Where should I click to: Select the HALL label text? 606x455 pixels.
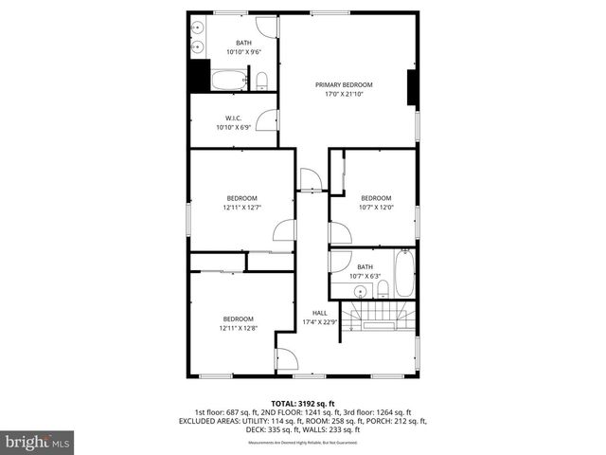(x=319, y=313)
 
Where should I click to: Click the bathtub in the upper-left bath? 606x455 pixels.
(x=228, y=81)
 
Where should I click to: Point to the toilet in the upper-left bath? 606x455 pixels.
(x=262, y=81)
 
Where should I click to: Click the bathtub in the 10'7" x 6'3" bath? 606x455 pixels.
(x=404, y=273)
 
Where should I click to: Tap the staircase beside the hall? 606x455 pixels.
(x=379, y=314)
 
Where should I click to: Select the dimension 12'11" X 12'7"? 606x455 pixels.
(x=241, y=207)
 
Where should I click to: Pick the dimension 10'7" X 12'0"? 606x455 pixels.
(x=376, y=207)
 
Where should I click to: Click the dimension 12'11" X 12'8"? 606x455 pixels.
(x=238, y=328)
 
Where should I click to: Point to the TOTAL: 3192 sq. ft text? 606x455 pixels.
(x=303, y=403)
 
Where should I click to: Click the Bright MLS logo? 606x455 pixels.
(x=38, y=442)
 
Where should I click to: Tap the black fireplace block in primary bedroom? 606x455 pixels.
(x=412, y=87)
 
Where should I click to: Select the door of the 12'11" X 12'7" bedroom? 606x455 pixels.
(x=284, y=229)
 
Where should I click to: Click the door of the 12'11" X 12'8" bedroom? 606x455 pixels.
(x=285, y=359)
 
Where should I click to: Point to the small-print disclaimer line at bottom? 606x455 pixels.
(x=303, y=443)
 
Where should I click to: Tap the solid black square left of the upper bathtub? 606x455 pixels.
(x=199, y=76)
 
